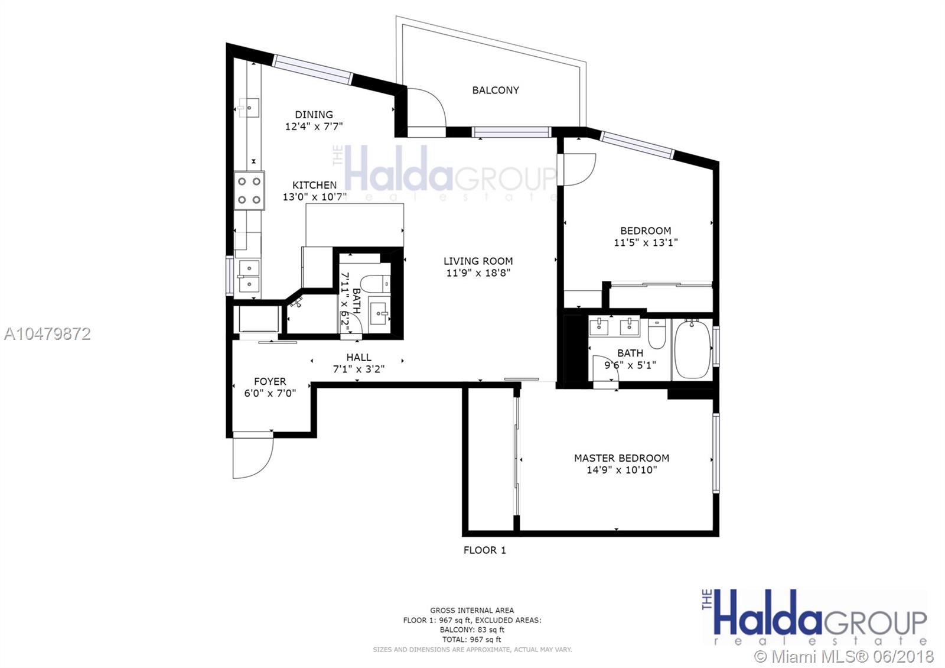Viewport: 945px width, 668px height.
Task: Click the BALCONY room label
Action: (496, 90)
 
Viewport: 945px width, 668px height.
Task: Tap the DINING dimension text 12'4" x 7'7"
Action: (314, 127)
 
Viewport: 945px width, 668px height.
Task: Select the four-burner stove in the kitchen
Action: (249, 190)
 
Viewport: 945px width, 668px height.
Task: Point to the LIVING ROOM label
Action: (478, 261)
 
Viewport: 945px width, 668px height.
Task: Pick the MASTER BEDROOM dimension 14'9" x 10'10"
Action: (621, 470)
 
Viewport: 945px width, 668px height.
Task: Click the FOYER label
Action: (270, 381)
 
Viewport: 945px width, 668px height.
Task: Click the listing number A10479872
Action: (47, 334)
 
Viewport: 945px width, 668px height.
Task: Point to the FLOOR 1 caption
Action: (484, 550)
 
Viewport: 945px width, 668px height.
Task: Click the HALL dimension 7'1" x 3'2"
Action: (359, 369)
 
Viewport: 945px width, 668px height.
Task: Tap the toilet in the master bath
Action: (657, 333)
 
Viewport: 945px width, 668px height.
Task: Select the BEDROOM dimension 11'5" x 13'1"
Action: (646, 242)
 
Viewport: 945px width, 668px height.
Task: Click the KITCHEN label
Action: (314, 185)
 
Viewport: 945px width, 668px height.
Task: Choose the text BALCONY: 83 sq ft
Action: (472, 630)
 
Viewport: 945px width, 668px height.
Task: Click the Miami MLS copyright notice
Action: (844, 656)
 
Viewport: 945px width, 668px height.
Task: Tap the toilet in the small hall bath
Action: (375, 283)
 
